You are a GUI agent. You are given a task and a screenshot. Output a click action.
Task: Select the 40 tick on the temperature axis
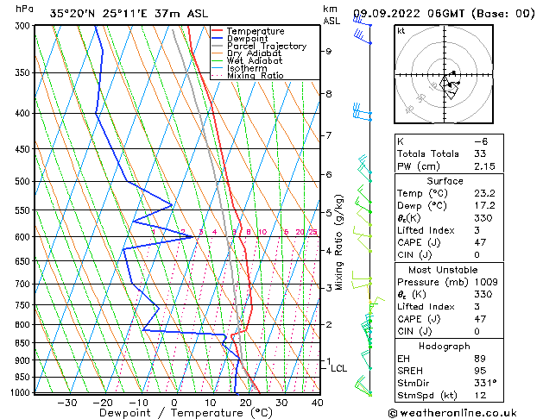coord(318,403)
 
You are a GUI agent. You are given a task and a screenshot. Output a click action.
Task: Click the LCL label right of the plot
coord(339,368)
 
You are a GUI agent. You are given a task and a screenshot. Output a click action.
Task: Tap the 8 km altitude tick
coord(329,93)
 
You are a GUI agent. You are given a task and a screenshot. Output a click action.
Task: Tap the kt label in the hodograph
coord(401,30)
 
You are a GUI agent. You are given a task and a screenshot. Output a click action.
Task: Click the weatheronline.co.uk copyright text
coord(464,413)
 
